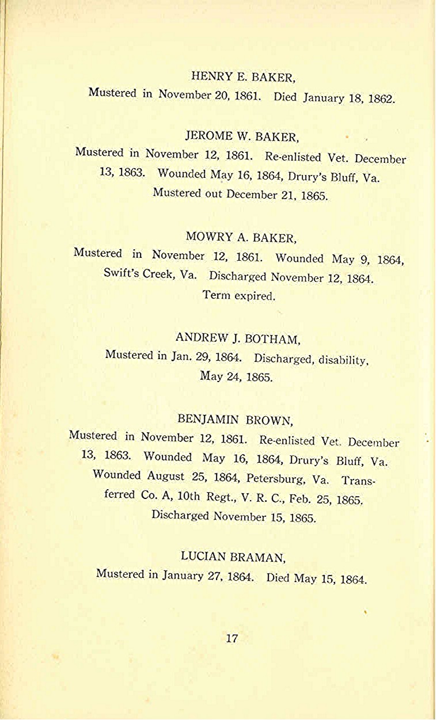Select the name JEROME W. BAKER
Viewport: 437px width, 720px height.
click(242, 137)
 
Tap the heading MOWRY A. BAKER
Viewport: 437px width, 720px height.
click(241, 237)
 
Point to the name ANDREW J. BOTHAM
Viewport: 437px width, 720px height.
click(237, 338)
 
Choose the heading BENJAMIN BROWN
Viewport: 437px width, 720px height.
click(235, 418)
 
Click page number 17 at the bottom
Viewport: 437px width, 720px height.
click(232, 638)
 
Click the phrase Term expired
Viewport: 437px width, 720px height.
click(239, 296)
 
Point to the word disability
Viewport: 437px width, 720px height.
click(343, 360)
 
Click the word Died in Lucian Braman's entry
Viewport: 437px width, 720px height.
click(278, 578)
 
